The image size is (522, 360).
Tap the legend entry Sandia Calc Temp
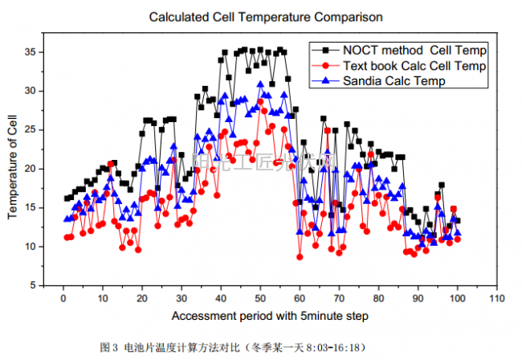(394, 80)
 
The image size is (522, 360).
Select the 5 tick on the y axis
(37, 285)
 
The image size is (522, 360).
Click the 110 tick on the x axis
(497, 298)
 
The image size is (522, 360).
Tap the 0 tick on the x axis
(63, 298)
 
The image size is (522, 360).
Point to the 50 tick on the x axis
(260, 298)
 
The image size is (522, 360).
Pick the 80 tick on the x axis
(379, 298)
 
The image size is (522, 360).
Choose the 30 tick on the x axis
(181, 298)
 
